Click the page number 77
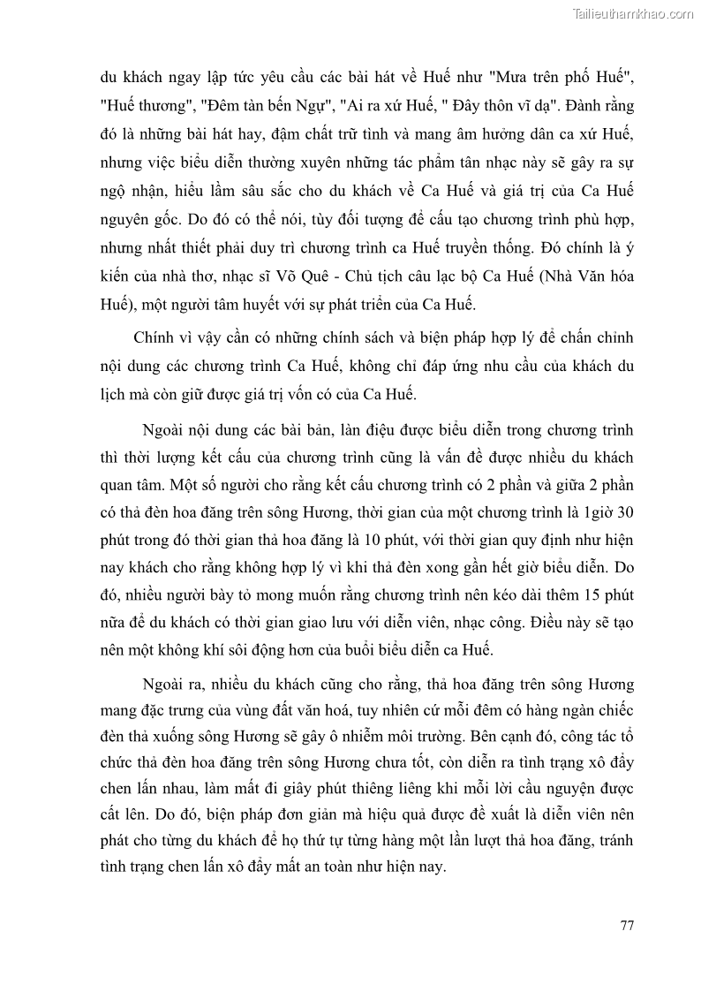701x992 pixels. [627, 926]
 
